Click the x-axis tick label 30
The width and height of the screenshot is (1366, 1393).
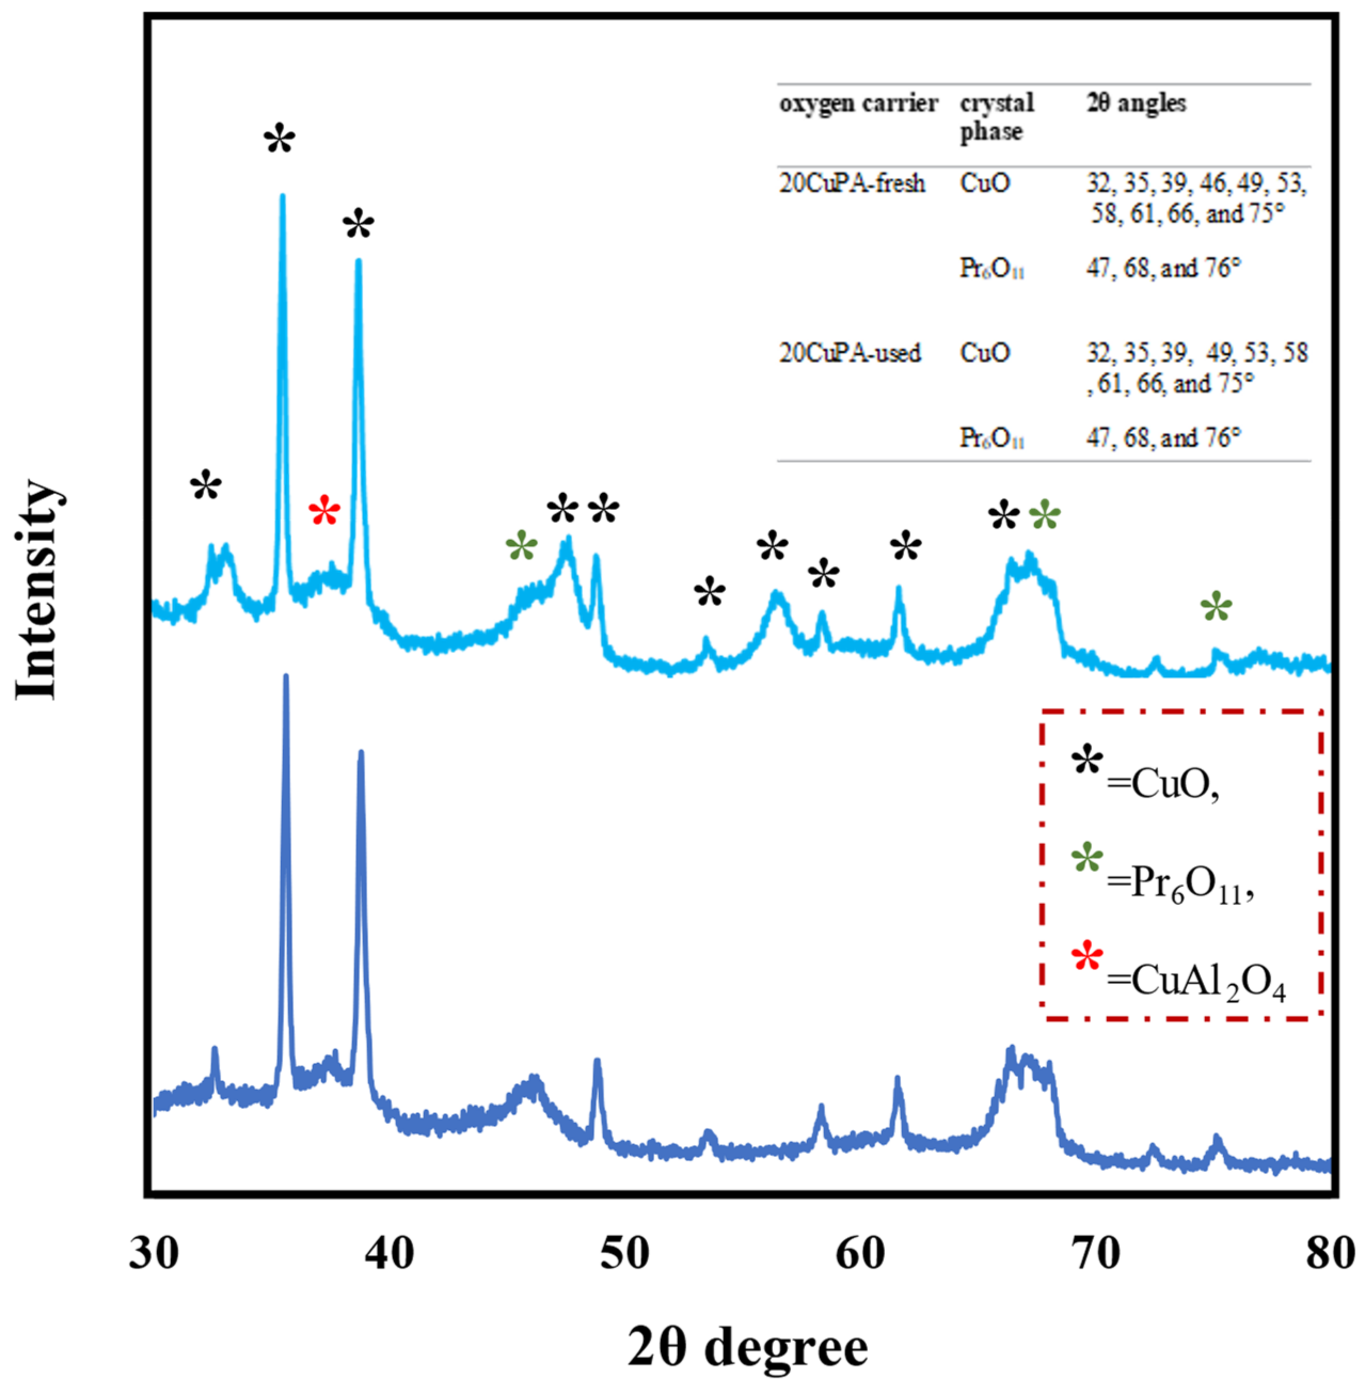click(x=154, y=1254)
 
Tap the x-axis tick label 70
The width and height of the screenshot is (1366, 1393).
click(x=1096, y=1254)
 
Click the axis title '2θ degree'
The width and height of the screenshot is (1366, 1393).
click(x=748, y=1347)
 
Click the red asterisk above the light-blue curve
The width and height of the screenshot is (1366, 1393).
click(x=324, y=512)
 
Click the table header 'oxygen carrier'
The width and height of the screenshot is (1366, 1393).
click(x=858, y=104)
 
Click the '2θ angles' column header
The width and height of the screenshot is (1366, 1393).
click(x=1137, y=104)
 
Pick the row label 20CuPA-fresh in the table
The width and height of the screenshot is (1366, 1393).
click(x=852, y=184)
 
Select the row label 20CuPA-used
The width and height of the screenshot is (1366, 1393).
click(x=850, y=353)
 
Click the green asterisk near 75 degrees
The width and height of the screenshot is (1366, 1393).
click(x=1216, y=608)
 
